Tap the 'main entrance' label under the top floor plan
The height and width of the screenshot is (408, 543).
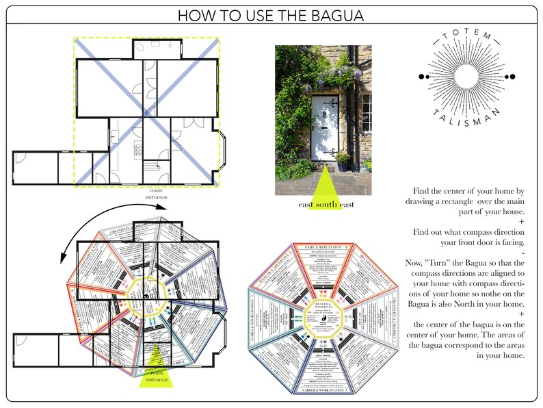tap(156, 193)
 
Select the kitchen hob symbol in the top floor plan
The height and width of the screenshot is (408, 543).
tap(137, 148)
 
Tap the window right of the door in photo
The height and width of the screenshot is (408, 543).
tap(367, 113)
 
